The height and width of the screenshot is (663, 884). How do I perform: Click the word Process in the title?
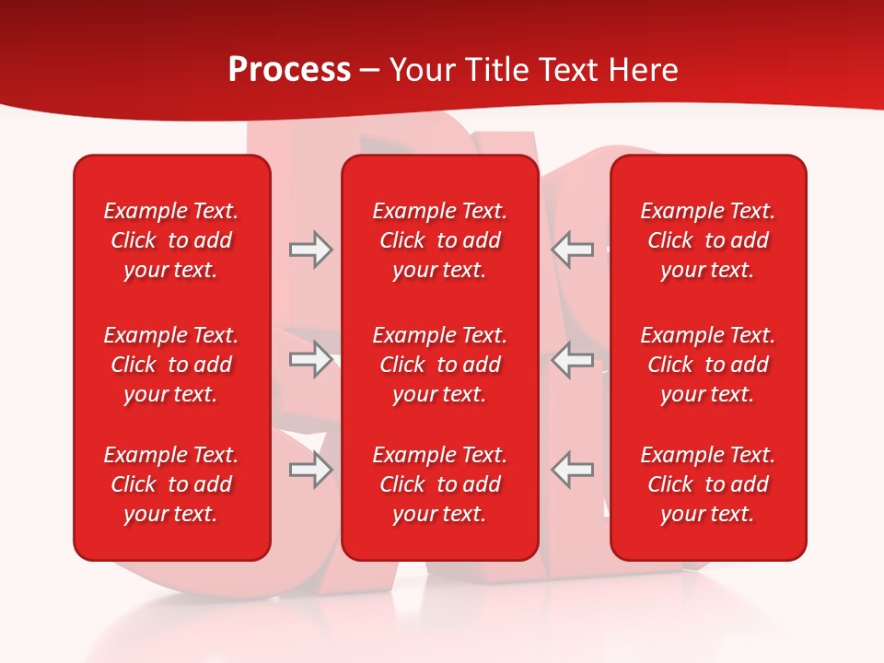point(289,70)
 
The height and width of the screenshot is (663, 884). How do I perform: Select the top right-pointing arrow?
point(310,250)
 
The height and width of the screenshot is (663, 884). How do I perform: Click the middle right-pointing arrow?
point(310,359)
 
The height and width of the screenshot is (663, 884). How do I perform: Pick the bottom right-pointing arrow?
point(310,470)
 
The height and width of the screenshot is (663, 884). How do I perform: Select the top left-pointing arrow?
point(573,250)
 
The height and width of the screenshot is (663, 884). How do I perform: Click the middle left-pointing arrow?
point(573,359)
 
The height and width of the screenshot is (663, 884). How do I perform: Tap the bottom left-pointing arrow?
point(573,470)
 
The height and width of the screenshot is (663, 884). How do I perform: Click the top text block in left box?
point(171,240)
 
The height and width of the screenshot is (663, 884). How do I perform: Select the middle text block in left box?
point(171,365)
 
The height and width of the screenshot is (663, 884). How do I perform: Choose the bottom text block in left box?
point(171,484)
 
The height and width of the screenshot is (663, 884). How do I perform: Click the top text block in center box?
point(440,240)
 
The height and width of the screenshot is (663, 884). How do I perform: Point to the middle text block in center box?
point(440,365)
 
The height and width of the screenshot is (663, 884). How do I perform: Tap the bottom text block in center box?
point(440,484)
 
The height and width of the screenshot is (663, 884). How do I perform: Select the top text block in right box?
point(708,240)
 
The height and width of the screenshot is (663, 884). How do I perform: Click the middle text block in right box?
point(708,365)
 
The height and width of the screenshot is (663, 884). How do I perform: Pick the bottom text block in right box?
point(708,484)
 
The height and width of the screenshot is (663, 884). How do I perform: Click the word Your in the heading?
point(422,70)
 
